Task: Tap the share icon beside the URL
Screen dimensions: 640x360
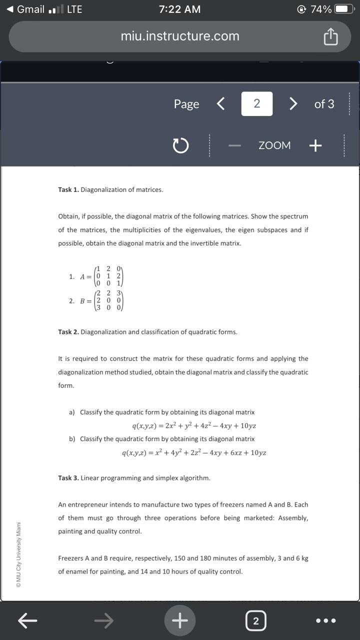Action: point(330,36)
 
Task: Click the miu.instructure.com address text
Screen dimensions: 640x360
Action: point(180,36)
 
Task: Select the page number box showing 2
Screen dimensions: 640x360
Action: point(256,104)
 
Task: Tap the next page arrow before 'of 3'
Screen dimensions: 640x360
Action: point(293,104)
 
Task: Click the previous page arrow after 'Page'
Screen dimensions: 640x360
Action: point(220,104)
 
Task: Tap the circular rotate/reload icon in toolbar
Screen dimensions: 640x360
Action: point(180,145)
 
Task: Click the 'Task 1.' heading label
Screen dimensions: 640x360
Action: point(68,190)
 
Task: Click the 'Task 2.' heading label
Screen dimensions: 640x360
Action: point(68,332)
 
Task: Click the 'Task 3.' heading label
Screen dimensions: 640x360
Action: point(68,478)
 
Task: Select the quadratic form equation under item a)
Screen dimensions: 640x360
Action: point(194,426)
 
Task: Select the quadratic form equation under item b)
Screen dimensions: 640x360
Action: point(194,453)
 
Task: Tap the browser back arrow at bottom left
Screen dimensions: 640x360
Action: point(28,621)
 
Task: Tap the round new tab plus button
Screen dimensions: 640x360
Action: point(180,620)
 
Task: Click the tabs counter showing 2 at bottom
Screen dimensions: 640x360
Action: point(255,621)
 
